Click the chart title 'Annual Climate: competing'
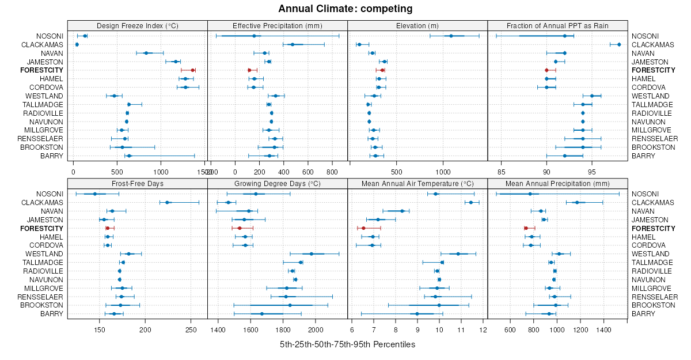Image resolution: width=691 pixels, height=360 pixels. pos(345,9)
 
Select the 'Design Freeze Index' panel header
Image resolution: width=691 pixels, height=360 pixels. pos(137,26)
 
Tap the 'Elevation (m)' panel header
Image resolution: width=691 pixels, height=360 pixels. pos(417,26)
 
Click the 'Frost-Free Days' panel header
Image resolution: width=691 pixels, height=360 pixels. pos(137,184)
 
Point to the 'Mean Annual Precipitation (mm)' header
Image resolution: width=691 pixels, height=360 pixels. pos(557,184)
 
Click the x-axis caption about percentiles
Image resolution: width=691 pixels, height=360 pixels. pos(347,344)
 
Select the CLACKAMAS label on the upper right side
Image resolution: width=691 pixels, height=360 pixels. pos(654,44)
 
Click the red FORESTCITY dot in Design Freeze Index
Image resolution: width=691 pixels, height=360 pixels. pos(193,70)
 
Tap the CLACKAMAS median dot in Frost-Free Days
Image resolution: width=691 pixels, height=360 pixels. pos(167,203)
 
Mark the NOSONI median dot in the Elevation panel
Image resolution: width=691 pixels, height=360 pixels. pos(451,36)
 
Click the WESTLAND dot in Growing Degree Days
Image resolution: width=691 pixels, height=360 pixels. pos(312,254)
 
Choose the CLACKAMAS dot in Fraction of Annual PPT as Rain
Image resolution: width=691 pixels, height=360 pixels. pos(619,44)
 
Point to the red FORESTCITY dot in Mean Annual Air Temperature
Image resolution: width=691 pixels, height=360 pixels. pos(363,229)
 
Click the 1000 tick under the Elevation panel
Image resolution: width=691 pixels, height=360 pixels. pos(443,172)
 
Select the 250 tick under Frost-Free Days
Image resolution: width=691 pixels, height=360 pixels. pos(191,330)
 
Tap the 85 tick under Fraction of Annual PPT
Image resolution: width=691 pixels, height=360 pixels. pos(501,172)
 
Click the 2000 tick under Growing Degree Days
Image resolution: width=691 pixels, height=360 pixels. pos(316,330)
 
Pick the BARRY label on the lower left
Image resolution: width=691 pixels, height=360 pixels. pos(52,314)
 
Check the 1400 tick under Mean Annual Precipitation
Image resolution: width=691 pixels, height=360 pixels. pos(603,330)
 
